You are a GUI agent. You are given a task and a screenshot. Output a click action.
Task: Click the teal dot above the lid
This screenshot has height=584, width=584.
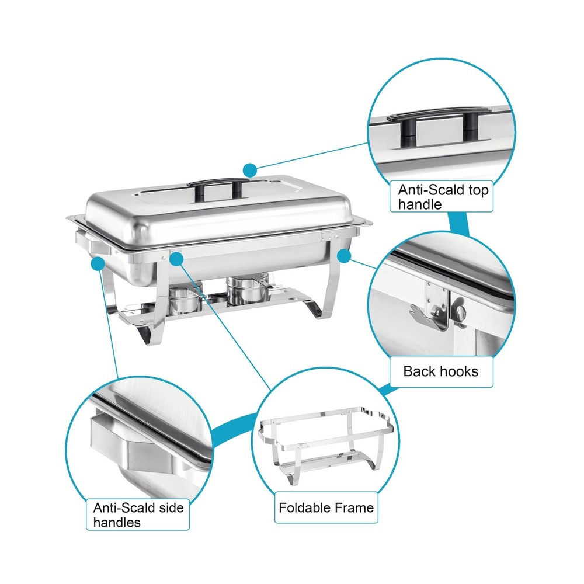click(250, 170)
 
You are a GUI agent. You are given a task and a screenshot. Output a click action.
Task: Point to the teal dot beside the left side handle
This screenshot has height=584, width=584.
click(96, 263)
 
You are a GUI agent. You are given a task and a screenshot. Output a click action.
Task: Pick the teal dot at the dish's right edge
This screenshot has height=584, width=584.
click(344, 255)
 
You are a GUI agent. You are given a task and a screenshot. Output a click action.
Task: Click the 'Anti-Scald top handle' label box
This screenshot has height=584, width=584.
click(443, 197)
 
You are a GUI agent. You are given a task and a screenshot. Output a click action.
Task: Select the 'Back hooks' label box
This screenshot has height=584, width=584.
click(441, 371)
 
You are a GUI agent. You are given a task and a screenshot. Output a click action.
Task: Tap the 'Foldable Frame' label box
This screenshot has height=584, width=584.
click(326, 507)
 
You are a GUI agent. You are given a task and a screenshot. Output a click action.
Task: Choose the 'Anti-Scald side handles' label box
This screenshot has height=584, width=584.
click(138, 514)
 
